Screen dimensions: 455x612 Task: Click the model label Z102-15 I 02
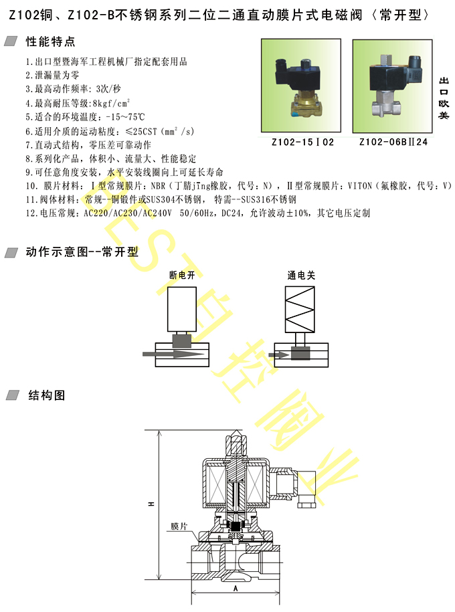pos(302,142)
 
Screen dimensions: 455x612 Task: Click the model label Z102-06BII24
pos(393,142)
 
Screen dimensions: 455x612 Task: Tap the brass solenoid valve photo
pos(301,86)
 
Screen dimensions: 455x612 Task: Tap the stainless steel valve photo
pos(393,86)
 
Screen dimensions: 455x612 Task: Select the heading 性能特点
pos(50,41)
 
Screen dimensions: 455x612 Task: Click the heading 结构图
pos(46,395)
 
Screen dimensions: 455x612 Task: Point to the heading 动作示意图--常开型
pos(82,251)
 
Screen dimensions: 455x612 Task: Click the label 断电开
pos(182,275)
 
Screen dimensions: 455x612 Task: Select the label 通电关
pos(301,275)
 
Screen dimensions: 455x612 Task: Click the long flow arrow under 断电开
pos(173,354)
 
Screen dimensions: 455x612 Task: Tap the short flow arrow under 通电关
pos(279,354)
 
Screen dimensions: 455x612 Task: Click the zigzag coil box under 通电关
pos(300,310)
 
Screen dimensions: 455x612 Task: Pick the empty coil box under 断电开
pos(182,310)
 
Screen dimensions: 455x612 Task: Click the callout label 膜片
pos(179,526)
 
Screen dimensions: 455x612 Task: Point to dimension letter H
pos(151,504)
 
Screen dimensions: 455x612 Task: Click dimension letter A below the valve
pos(236,588)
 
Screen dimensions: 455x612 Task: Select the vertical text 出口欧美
pos(444,98)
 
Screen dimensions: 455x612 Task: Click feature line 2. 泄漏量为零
pos(52,75)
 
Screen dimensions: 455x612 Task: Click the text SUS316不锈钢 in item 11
pos(269,199)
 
